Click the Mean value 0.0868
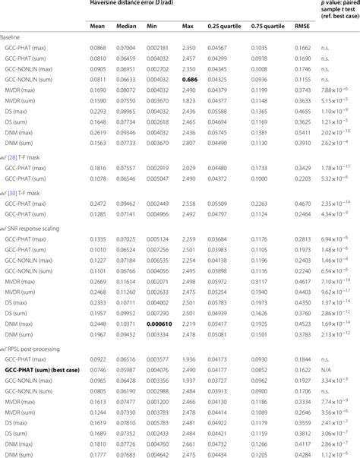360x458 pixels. click(98, 68)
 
